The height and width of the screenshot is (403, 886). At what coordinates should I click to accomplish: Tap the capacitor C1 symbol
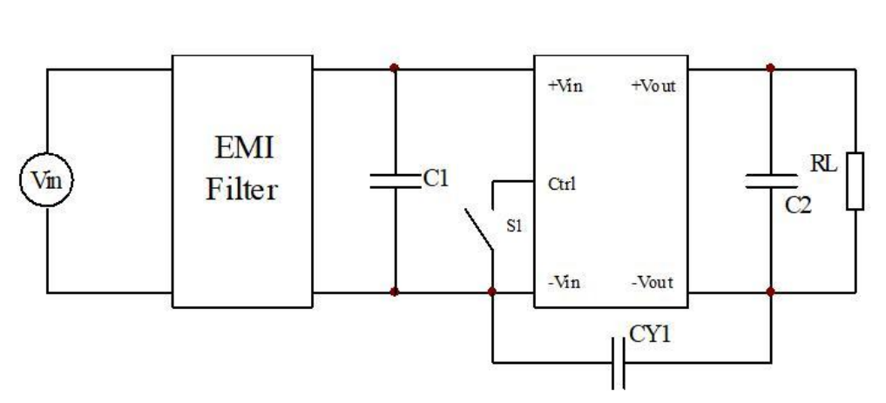click(395, 181)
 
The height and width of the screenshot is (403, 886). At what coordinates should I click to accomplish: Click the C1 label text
click(436, 179)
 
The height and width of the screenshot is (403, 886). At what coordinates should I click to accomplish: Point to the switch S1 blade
click(478, 229)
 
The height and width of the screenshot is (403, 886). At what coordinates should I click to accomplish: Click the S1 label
click(514, 226)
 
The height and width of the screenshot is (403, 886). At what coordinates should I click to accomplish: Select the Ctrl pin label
click(562, 184)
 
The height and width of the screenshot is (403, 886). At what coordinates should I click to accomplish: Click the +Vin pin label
click(565, 86)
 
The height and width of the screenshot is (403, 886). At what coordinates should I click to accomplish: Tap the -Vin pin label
click(564, 282)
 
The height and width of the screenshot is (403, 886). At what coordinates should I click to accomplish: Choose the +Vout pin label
click(653, 86)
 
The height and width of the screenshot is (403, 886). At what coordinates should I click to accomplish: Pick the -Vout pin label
click(652, 282)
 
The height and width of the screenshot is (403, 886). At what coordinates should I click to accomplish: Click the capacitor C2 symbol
click(771, 181)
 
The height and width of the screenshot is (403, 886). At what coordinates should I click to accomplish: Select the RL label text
click(823, 165)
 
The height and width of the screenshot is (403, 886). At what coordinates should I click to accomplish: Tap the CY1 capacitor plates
click(619, 363)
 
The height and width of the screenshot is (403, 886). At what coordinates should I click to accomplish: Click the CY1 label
click(650, 335)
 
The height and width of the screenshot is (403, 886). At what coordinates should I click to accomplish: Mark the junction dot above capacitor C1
click(395, 68)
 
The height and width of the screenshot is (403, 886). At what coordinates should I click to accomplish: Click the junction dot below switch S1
click(492, 292)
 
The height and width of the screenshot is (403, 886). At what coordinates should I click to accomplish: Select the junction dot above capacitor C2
click(770, 68)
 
